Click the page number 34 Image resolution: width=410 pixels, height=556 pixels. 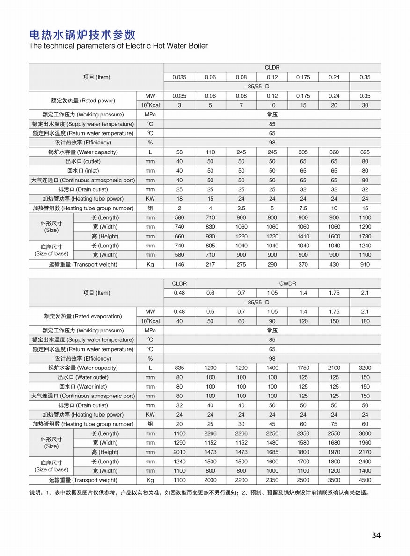(376, 535)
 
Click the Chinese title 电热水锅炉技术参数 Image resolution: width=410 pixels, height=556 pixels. (82, 35)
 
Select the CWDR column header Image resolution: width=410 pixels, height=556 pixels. (287, 283)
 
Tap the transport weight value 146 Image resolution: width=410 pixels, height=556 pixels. (179, 264)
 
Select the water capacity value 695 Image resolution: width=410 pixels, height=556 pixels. (365, 152)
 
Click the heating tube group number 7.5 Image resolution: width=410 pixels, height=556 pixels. (303, 208)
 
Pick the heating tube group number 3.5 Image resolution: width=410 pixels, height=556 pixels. (241, 208)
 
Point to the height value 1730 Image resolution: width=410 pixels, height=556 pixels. (365, 236)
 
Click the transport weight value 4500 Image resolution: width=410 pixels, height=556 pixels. (365, 480)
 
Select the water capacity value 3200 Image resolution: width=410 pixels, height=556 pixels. (365, 368)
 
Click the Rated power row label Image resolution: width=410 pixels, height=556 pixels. (83, 101)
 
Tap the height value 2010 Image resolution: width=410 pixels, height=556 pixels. (179, 452)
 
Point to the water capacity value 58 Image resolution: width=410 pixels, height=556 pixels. (179, 152)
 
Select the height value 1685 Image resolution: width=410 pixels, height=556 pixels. (272, 452)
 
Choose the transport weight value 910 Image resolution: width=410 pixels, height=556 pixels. (365, 264)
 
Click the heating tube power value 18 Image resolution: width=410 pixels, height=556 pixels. (179, 199)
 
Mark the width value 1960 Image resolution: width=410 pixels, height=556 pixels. (365, 443)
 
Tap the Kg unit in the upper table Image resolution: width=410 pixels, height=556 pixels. (150, 264)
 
